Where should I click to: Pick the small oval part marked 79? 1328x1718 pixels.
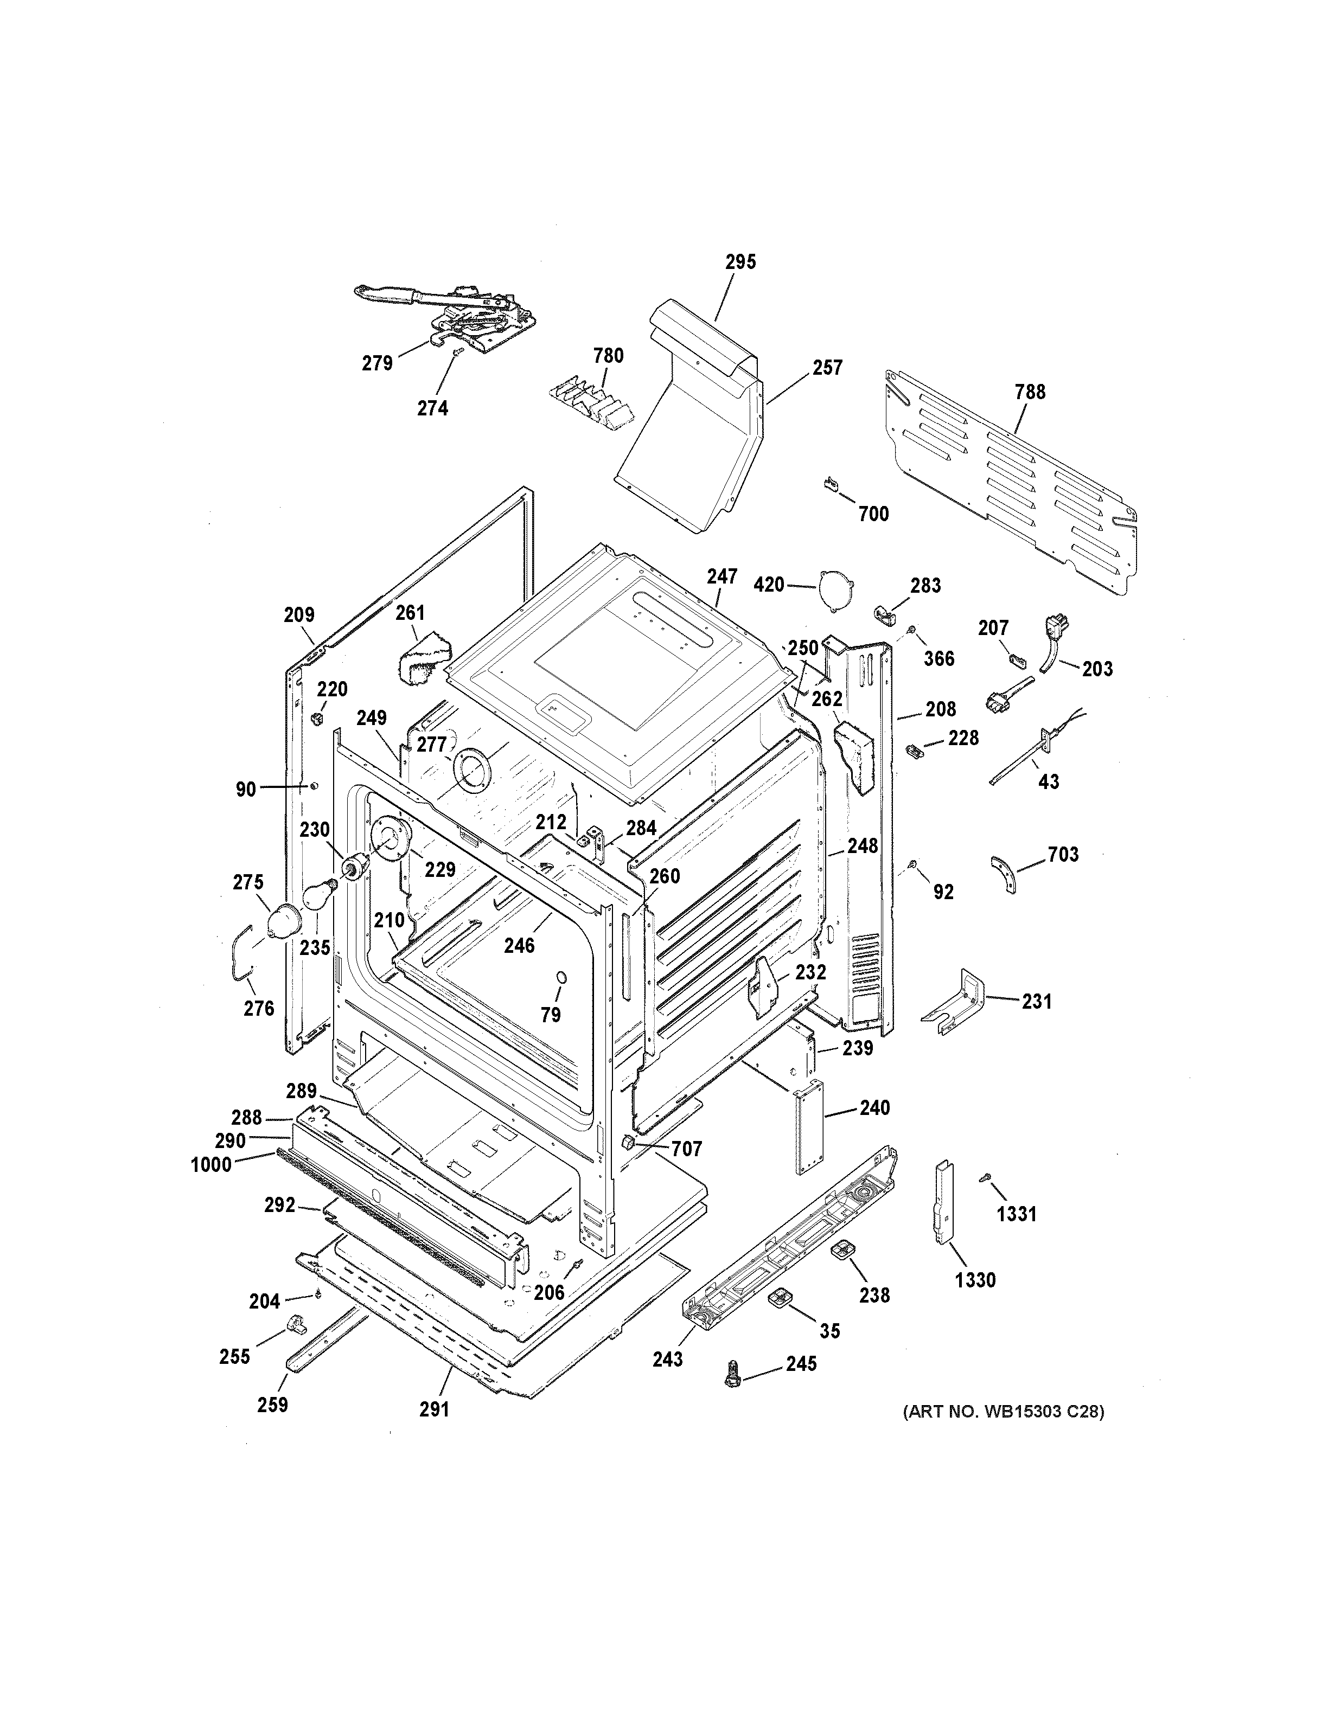(561, 977)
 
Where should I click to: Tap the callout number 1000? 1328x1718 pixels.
(211, 1165)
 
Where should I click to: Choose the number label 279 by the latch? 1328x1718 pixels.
(377, 363)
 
